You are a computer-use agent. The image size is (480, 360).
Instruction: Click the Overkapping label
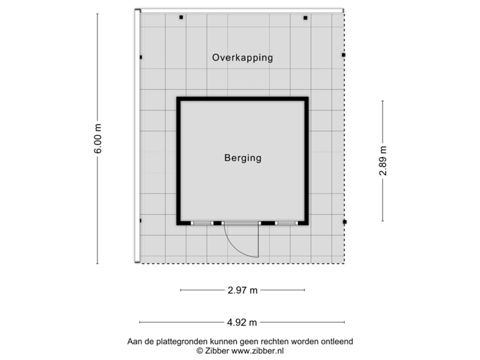(243, 57)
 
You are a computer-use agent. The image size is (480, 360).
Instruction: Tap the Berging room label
(243, 158)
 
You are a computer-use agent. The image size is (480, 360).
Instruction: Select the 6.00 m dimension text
(98, 139)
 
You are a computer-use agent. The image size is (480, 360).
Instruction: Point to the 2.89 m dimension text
(383, 161)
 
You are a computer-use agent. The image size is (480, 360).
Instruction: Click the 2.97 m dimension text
(243, 290)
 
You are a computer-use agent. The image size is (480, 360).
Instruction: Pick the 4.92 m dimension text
(243, 323)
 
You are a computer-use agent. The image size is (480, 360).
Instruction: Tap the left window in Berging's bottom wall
(201, 223)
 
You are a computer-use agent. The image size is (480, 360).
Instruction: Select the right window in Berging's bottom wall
(285, 223)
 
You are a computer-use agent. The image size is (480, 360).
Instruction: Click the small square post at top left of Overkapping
(181, 18)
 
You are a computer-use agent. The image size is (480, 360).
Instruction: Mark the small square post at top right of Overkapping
(305, 18)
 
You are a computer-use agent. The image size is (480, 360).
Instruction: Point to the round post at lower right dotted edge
(345, 222)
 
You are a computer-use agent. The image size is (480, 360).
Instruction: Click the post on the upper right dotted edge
(345, 55)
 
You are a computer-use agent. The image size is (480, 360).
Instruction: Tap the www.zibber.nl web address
(257, 349)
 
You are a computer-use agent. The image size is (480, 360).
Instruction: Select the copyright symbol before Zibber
(199, 349)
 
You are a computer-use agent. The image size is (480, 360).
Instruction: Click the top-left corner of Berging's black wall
(178, 99)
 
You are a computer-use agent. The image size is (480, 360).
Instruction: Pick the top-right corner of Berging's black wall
(307, 99)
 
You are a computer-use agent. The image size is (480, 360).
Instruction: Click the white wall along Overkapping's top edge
(240, 10)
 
